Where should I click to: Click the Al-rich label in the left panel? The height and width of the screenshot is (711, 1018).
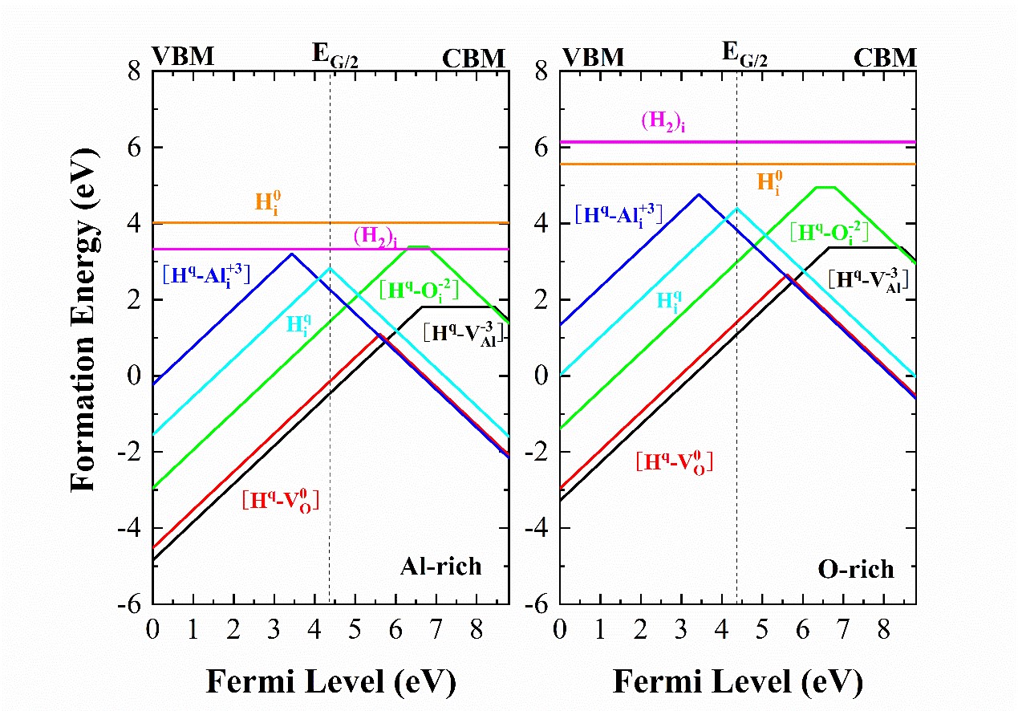pos(441,567)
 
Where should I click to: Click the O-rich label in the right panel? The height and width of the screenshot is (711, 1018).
pos(855,570)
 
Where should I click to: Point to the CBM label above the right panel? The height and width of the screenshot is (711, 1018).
pos(884,58)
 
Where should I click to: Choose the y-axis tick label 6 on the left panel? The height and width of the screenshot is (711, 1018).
pos(136,148)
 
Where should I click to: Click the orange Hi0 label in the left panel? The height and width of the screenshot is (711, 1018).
pos(270,201)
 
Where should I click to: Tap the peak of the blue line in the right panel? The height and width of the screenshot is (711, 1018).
pos(699,194)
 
